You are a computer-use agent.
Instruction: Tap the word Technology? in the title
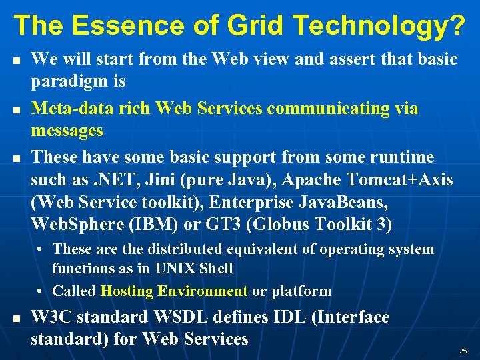[x=379, y=25]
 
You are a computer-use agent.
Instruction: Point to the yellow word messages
[x=67, y=130]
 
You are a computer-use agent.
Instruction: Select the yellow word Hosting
[x=125, y=291]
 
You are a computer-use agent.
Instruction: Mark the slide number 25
[x=463, y=351]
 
